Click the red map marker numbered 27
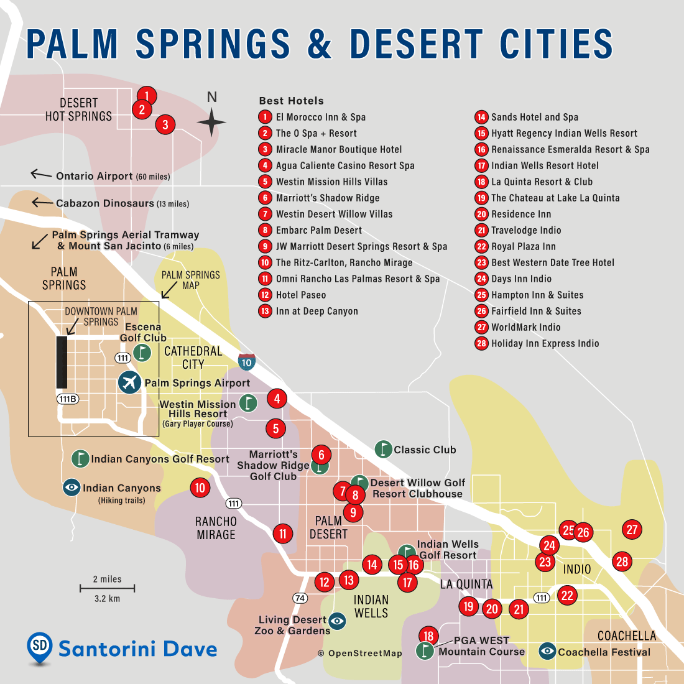point(632,530)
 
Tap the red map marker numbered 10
point(200,488)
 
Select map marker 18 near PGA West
point(428,635)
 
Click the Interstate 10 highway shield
point(247,362)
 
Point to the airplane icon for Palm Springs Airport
point(129,382)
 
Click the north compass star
point(211,122)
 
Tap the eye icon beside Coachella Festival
point(547,651)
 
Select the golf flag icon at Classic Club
point(383,449)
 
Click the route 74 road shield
point(300,598)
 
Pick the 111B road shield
point(68,399)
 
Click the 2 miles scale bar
point(107,588)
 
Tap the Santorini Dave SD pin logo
point(40,647)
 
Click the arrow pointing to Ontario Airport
point(41,175)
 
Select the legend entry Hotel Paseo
point(301,295)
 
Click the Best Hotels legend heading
point(291,101)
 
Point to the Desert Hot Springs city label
point(78,109)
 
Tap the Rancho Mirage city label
point(216,528)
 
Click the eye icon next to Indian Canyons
point(72,488)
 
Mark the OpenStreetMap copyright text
point(360,654)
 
